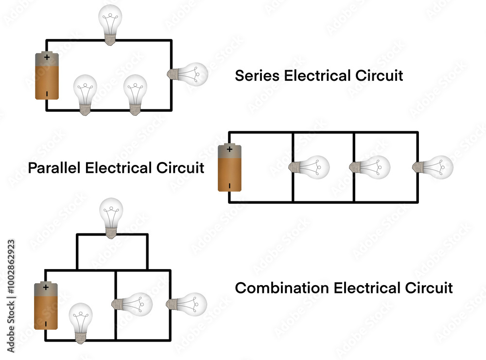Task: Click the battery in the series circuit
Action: click(47, 76)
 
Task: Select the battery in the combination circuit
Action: click(46, 306)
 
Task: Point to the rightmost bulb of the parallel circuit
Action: click(434, 167)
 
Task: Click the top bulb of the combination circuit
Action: click(111, 217)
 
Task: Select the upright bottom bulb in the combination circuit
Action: click(81, 321)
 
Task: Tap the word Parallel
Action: click(54, 168)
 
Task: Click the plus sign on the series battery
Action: click(47, 57)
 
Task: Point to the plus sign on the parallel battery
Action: click(229, 149)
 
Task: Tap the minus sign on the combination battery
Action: click(46, 323)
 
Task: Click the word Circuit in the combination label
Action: click(429, 288)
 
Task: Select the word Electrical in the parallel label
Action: click(118, 168)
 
